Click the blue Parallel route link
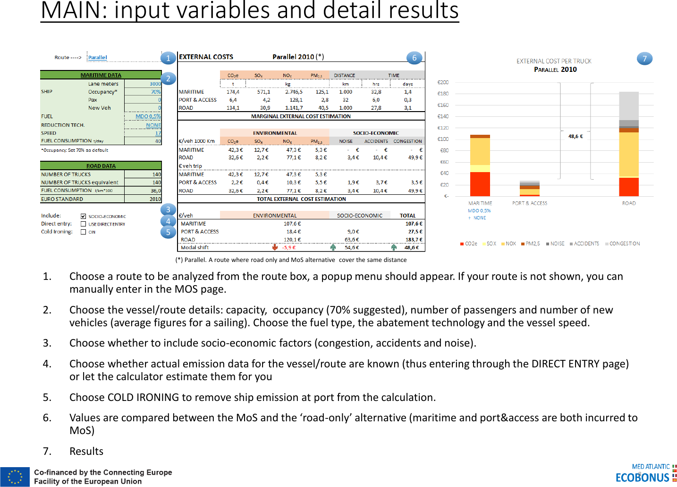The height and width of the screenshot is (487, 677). coord(98,58)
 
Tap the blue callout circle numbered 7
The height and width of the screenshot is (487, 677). coord(644,59)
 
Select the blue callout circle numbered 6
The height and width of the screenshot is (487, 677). coord(415,58)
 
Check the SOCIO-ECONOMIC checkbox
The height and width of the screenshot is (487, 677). coord(83,217)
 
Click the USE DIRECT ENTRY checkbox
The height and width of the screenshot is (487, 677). coord(83,224)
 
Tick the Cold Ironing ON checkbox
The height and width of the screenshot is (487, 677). coord(83,232)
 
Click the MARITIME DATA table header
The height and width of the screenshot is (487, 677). coord(101,75)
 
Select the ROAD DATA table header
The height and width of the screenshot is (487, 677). coord(101,166)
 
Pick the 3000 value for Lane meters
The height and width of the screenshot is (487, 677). coord(155,84)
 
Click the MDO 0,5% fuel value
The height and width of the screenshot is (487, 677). coord(148,116)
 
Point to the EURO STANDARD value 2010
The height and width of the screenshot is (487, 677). coord(155,199)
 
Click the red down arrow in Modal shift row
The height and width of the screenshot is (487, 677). coord(275,247)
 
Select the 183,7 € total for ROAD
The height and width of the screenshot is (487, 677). coord(414,240)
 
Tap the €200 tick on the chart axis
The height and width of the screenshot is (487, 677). coord(443,82)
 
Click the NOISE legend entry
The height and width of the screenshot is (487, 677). coord(555,244)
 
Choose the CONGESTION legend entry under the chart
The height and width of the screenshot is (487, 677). coord(623,244)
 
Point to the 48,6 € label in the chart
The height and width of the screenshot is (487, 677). coord(575,136)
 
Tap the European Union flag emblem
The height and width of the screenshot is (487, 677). coord(15,477)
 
